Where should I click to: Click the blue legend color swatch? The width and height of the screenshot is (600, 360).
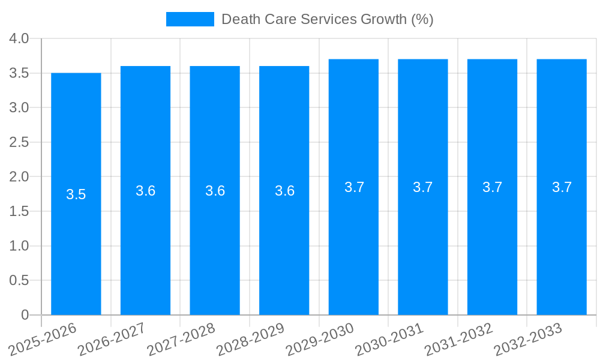pos(190,19)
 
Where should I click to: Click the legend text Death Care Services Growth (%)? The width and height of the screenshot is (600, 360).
pos(327,19)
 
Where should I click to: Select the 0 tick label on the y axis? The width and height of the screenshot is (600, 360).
pos(25,315)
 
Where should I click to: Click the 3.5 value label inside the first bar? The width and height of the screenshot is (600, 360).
pos(76,194)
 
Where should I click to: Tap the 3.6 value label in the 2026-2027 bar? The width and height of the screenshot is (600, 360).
pos(146,191)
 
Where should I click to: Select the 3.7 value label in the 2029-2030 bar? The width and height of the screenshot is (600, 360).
pos(354,187)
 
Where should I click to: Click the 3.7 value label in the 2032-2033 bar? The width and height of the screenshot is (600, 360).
pos(562,187)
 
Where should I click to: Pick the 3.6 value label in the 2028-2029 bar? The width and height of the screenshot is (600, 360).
pos(284,191)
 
